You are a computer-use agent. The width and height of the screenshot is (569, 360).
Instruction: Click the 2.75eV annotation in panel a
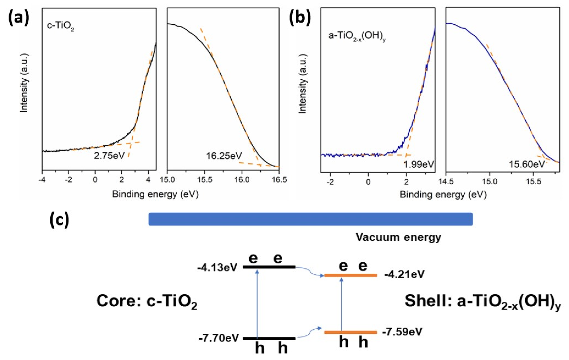(109, 156)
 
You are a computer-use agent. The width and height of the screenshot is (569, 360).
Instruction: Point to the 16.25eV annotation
(224, 156)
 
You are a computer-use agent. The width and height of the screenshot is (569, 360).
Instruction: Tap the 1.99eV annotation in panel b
(419, 164)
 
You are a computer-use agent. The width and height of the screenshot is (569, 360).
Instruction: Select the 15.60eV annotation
(527, 164)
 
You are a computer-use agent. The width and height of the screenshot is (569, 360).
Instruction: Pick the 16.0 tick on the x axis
(242, 180)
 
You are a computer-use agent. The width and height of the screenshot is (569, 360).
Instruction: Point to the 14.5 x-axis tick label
(446, 182)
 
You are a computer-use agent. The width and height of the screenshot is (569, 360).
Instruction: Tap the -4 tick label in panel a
(42, 180)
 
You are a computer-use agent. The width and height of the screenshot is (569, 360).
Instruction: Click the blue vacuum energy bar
(310, 219)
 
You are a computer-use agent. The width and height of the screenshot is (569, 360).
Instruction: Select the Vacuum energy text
(398, 237)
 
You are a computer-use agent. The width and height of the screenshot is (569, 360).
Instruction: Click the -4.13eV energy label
(217, 268)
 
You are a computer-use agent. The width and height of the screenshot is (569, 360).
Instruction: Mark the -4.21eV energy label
(404, 275)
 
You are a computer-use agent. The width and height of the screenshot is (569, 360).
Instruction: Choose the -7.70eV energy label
(219, 339)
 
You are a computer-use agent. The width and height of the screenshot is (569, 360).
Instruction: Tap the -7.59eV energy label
(402, 332)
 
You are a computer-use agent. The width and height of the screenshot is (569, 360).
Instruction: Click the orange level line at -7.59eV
(351, 332)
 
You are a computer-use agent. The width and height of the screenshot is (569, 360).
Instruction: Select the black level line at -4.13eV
(269, 267)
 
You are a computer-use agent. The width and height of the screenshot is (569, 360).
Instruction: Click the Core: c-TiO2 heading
(147, 301)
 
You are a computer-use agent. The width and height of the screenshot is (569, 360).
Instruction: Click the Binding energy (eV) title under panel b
(443, 195)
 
